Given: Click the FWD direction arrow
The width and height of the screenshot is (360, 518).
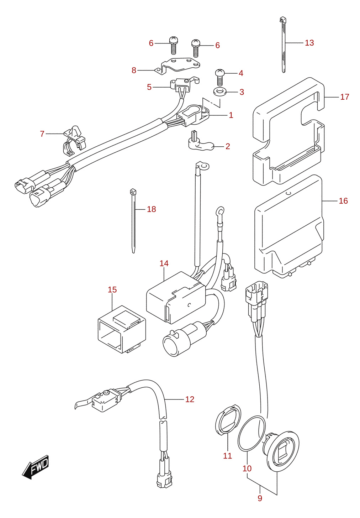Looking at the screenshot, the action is click(x=35, y=467).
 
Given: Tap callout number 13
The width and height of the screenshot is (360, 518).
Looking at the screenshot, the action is click(x=309, y=43).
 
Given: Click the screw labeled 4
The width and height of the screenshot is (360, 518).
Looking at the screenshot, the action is click(x=220, y=77).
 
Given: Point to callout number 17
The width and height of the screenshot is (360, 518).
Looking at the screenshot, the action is click(x=344, y=97).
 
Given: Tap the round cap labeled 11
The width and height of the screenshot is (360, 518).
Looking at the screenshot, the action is click(x=228, y=419).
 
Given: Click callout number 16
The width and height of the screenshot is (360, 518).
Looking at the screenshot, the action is click(x=343, y=201).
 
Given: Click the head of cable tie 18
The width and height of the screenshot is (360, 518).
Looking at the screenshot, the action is click(x=133, y=192).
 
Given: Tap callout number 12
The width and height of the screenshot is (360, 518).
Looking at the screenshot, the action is click(x=190, y=399).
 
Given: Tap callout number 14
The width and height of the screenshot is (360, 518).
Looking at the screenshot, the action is click(x=164, y=263).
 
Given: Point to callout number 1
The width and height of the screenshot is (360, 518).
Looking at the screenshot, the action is click(x=231, y=115).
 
